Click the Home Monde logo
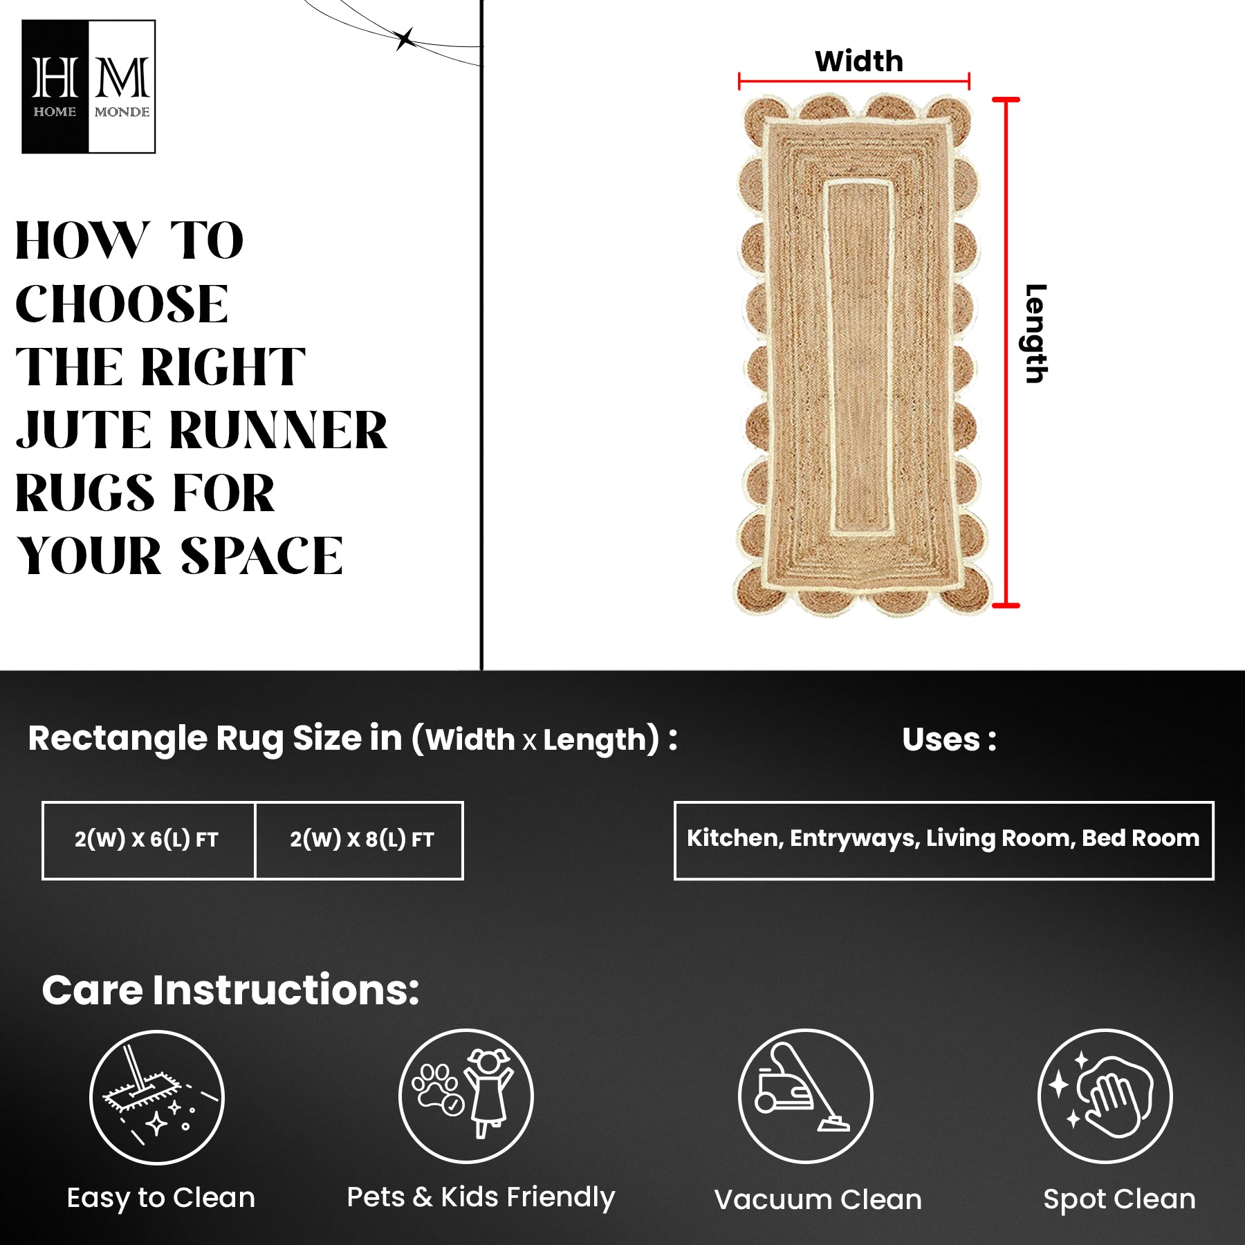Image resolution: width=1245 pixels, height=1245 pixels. (x=89, y=86)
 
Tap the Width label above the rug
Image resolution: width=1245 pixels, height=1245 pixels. (x=859, y=62)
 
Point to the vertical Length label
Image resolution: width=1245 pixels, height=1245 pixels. (x=1035, y=333)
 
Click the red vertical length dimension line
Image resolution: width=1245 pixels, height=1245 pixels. (x=1006, y=353)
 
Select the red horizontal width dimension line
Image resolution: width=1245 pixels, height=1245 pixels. (x=854, y=82)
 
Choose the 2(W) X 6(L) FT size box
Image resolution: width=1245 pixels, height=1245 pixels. (x=149, y=840)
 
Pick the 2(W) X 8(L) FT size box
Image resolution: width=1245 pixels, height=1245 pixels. (x=360, y=840)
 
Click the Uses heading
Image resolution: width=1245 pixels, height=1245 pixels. (x=950, y=739)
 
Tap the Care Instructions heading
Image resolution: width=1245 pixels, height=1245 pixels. (x=230, y=990)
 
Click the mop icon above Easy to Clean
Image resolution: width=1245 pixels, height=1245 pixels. (x=157, y=1097)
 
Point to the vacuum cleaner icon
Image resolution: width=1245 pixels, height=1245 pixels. (x=806, y=1096)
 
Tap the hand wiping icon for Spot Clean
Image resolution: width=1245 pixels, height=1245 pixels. (x=1105, y=1096)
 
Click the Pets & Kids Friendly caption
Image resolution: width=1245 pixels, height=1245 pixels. (x=481, y=1197)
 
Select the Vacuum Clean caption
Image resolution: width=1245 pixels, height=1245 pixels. (x=818, y=1200)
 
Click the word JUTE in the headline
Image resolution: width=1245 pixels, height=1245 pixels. (x=83, y=430)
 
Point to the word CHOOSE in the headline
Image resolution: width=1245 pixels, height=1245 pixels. (x=122, y=304)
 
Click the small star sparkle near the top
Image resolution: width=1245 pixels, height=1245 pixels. (x=405, y=39)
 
